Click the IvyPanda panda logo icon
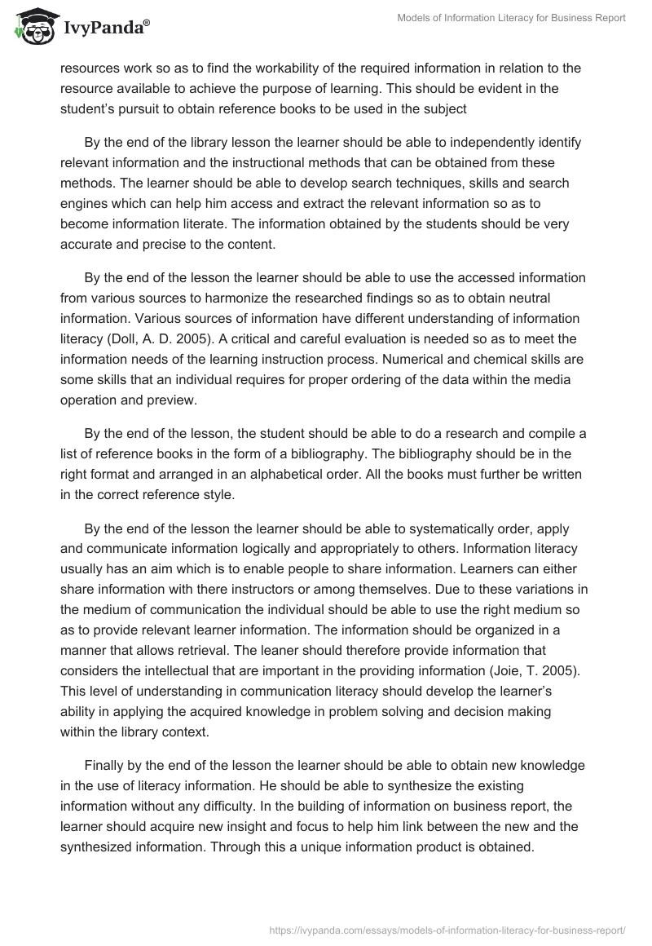(31, 24)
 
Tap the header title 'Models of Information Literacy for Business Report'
(509, 18)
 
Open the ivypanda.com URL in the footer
(445, 929)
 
